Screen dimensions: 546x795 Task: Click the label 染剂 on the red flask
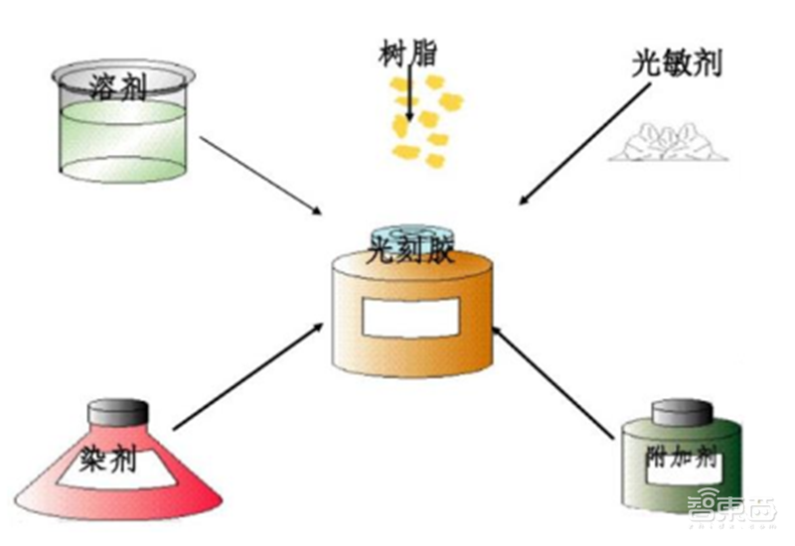(x=117, y=458)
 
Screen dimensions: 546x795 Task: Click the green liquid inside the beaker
(x=121, y=139)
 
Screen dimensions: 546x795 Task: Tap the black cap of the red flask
(x=118, y=410)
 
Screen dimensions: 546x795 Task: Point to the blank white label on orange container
(x=410, y=317)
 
